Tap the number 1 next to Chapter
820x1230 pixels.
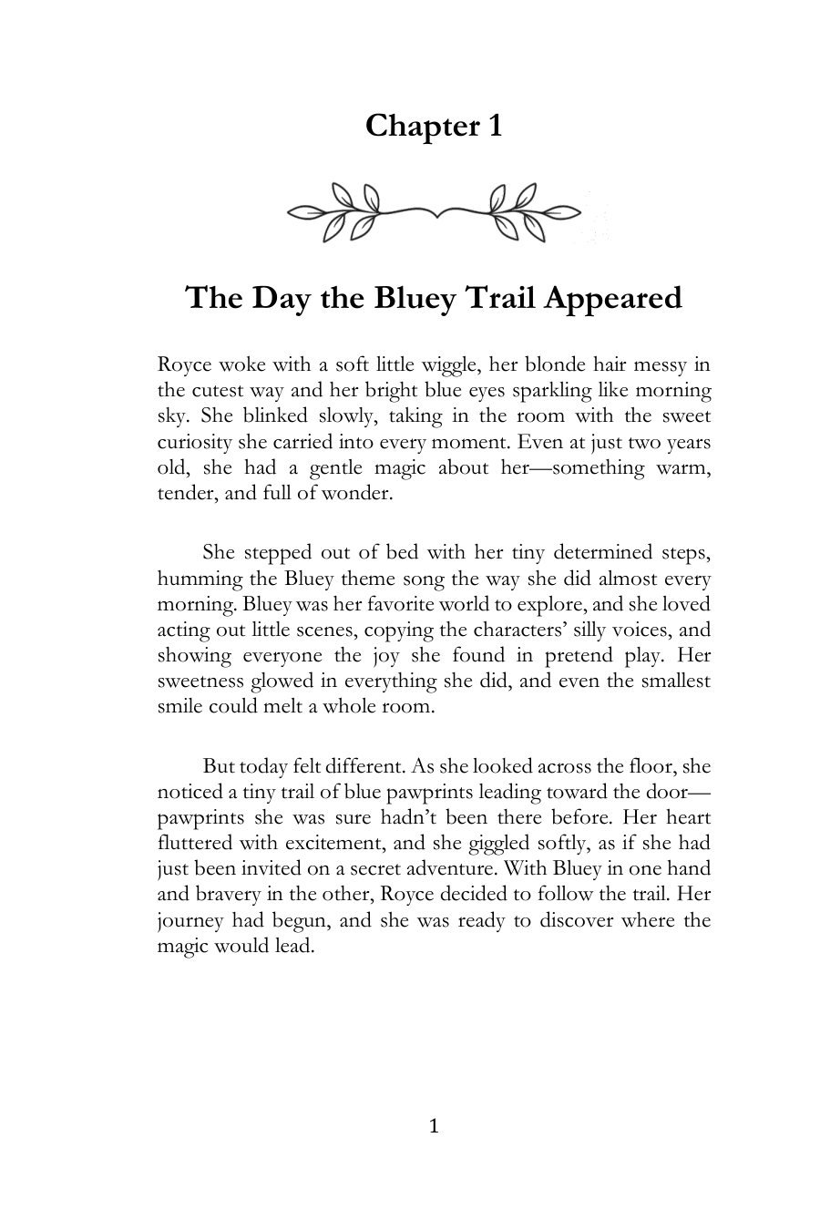coord(494,126)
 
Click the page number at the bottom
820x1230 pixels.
coord(434,1127)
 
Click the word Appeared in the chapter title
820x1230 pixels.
coord(612,298)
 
